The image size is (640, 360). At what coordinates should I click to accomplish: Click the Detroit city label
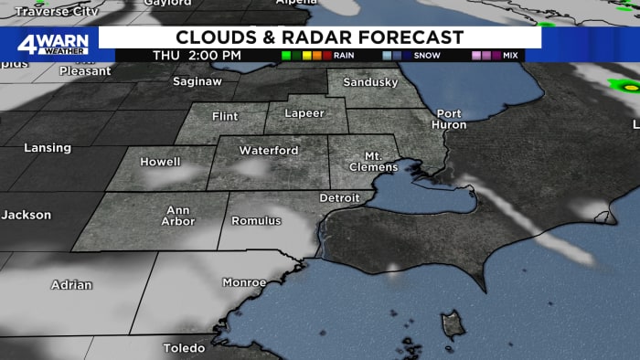(x=339, y=198)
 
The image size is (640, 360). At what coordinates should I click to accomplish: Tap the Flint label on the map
(x=224, y=117)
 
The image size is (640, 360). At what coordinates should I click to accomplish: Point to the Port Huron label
(x=449, y=119)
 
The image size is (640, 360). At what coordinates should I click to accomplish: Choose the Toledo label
(x=184, y=349)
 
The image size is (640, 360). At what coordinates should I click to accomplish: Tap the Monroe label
(x=244, y=283)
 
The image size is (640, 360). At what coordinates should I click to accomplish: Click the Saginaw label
(x=197, y=82)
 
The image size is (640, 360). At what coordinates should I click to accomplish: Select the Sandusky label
(x=369, y=82)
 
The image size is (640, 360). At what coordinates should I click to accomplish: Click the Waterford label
(x=269, y=150)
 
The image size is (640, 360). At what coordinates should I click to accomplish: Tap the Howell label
(x=160, y=162)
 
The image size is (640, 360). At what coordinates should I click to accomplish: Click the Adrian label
(x=71, y=285)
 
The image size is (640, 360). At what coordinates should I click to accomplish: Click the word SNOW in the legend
(x=427, y=56)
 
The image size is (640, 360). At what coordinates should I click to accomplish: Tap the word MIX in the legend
(x=510, y=56)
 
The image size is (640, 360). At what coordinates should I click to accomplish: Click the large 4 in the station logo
(x=27, y=43)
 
